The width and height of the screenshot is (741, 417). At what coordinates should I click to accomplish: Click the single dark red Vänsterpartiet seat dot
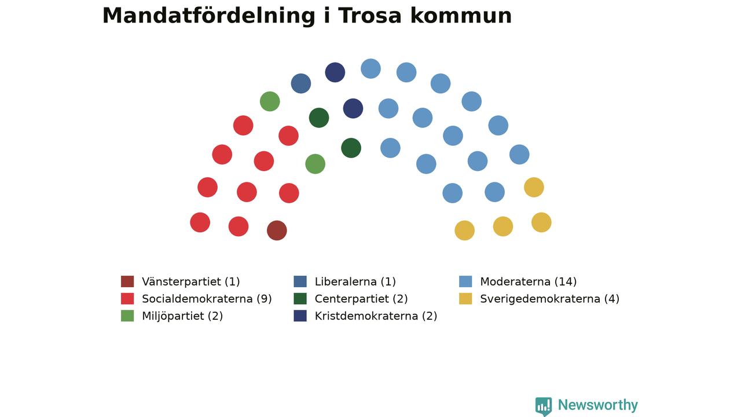pos(277,231)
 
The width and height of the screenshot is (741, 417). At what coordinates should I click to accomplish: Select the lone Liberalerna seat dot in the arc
pos(301,83)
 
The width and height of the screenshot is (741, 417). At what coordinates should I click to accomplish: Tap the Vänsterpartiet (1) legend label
pos(191,281)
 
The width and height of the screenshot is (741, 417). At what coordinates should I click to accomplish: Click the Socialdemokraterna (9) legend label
pos(207,299)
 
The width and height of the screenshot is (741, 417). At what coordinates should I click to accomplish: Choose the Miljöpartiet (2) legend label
pos(182,316)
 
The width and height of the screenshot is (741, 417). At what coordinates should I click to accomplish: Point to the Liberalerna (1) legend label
pos(355,281)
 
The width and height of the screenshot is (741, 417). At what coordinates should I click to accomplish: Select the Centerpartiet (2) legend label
pos(361,299)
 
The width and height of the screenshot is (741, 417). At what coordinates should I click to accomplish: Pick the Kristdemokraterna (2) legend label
pos(376,316)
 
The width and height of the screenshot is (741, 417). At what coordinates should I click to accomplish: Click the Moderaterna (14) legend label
pos(529,281)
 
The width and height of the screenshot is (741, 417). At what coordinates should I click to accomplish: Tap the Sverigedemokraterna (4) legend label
pos(550,299)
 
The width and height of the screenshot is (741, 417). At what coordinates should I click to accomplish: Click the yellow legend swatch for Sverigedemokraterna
pos(465,298)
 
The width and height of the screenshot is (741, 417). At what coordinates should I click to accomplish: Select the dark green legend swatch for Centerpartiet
pos(300,298)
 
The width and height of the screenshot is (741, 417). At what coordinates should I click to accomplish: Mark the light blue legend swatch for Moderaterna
pos(465,281)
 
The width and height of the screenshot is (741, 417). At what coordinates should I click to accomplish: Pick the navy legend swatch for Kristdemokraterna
pos(300,316)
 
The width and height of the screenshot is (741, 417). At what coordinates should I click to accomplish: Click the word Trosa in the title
pos(369,16)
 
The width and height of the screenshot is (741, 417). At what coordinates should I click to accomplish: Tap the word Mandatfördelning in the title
pos(209,16)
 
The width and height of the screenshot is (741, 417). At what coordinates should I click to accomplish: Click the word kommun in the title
pos(461,16)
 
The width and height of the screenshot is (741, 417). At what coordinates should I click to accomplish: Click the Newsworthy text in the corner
pos(598,405)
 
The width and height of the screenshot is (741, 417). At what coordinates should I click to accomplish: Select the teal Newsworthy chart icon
pos(544,406)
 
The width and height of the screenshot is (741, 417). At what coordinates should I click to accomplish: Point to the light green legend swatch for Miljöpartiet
pos(127,316)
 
